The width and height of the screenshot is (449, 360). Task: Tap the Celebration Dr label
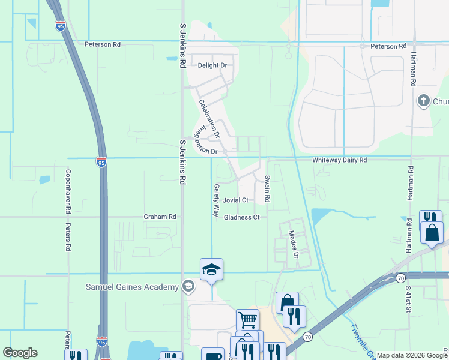210,118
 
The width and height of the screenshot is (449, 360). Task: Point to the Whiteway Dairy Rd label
339,160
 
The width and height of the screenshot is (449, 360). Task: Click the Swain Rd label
268,188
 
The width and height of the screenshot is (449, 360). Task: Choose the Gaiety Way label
216,200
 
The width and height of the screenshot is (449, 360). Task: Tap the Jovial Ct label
235,200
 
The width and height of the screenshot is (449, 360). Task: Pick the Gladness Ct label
241,217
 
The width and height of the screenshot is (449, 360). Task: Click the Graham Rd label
160,217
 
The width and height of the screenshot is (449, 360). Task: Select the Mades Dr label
294,245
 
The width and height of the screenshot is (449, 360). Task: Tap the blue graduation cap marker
211,269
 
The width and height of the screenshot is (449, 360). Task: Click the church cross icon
423,100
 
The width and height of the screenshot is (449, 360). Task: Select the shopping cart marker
247,320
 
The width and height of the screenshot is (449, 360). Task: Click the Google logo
20,353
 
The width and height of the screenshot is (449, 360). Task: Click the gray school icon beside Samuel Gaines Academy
188,286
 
